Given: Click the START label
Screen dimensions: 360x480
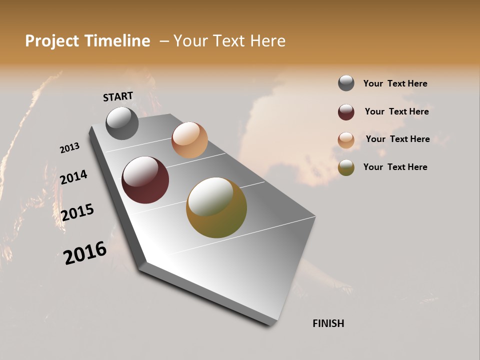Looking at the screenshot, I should (x=118, y=96).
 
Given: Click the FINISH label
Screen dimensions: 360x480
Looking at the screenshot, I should (x=328, y=323).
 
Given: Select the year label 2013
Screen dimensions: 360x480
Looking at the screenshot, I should (x=69, y=148).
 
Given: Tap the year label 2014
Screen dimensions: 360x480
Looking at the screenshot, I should (x=73, y=177).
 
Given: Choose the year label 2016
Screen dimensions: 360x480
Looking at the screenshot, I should (x=85, y=253).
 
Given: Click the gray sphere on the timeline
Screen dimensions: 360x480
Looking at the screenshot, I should (x=122, y=123).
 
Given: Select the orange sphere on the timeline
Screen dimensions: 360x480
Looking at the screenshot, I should (x=189, y=140).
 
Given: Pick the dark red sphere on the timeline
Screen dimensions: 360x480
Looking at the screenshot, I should (x=145, y=180).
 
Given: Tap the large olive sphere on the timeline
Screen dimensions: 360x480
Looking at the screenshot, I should (x=216, y=207).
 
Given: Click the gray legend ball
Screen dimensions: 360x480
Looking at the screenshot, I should (x=346, y=83).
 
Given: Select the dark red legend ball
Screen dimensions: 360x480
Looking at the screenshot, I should (x=346, y=112).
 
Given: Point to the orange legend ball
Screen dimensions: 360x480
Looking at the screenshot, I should (x=346, y=140).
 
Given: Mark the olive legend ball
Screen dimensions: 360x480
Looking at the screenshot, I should (x=346, y=167).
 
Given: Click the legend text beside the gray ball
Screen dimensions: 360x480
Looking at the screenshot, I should (x=395, y=83).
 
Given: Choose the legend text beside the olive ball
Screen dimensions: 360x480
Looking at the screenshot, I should (x=395, y=167).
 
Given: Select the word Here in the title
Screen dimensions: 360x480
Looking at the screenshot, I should (x=267, y=41).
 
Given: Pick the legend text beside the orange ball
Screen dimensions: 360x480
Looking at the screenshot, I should (x=397, y=139).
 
